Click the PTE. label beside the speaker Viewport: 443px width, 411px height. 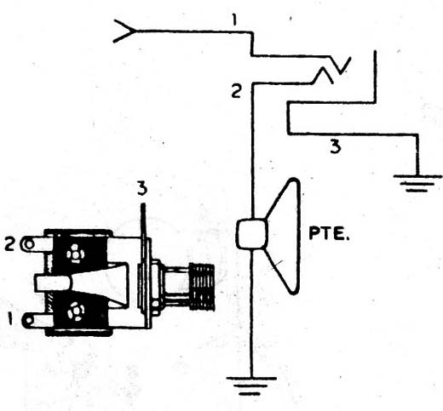point(329,233)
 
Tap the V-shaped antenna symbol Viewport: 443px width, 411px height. point(125,31)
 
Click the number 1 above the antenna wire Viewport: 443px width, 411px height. point(234,20)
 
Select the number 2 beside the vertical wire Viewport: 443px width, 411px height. point(237,91)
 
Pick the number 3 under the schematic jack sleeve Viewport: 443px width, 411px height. point(336,146)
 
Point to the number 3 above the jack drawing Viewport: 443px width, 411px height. point(142,189)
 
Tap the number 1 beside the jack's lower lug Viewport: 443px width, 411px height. point(11,318)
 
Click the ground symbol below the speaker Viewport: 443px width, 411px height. point(251,385)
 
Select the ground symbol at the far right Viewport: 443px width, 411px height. point(417,183)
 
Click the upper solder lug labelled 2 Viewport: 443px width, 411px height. point(37,244)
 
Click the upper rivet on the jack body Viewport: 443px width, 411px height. point(76,254)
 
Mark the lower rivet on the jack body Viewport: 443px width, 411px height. point(76,311)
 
